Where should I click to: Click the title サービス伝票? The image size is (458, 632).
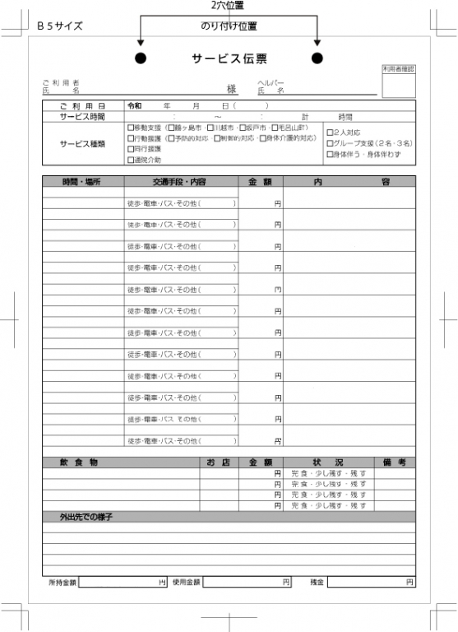click(229, 58)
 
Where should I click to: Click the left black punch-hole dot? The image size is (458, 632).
click(141, 58)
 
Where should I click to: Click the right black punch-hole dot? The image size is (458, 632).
click(317, 58)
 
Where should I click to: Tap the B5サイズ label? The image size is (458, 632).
click(59, 26)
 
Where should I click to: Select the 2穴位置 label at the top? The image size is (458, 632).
click(228, 6)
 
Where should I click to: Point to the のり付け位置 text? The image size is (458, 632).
click(229, 26)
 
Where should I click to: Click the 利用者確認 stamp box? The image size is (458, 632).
click(399, 86)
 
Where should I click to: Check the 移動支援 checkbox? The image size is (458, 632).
click(130, 128)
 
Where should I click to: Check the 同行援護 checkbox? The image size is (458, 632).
click(130, 149)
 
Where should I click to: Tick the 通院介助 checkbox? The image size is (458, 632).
click(130, 160)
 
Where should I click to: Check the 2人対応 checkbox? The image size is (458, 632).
click(330, 132)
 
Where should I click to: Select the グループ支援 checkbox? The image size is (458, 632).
click(330, 143)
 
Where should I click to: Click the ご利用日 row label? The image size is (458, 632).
click(82, 106)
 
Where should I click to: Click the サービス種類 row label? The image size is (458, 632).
click(82, 143)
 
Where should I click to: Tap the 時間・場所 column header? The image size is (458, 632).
click(82, 181)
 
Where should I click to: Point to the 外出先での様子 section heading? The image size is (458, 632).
click(86, 517)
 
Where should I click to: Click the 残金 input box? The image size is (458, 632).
click(371, 582)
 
